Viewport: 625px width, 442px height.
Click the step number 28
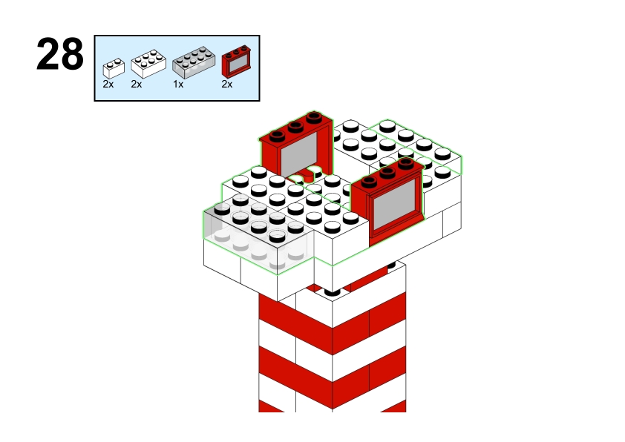pyautogui.click(x=60, y=54)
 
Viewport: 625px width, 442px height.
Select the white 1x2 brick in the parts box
pyautogui.click(x=114, y=68)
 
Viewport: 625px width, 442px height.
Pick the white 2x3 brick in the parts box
pyautogui.click(x=148, y=63)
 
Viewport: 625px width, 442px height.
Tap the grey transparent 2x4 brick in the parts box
pyautogui.click(x=194, y=62)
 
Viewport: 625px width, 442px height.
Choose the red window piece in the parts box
pyautogui.click(x=236, y=62)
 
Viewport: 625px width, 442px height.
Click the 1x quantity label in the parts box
pyautogui.click(x=178, y=85)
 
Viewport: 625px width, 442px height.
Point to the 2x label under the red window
pyautogui.click(x=227, y=84)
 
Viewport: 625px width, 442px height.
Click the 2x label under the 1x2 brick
pyautogui.click(x=108, y=84)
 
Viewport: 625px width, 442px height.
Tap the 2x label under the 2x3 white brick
pyautogui.click(x=137, y=84)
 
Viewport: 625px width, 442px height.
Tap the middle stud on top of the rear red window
pyautogui.click(x=295, y=127)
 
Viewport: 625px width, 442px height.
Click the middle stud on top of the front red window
pyautogui.click(x=387, y=172)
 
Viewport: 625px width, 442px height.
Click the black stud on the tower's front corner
pyautogui.click(x=333, y=293)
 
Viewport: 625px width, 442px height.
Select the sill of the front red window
pyautogui.click(x=397, y=230)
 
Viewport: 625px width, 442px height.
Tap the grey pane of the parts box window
pyautogui.click(x=238, y=63)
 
